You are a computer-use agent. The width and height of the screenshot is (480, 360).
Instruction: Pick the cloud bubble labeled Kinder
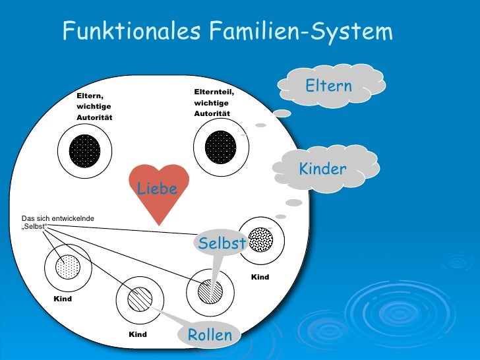coord(323,169)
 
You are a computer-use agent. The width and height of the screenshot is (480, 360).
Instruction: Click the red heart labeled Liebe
coord(158,191)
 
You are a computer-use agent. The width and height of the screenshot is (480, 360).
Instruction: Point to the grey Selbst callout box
coord(222,243)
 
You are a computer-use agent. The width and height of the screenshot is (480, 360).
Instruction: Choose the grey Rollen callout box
coord(210,335)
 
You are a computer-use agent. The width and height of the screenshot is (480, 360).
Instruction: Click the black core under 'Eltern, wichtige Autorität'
coord(84,151)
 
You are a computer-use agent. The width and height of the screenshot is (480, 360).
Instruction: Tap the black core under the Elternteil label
coord(221,148)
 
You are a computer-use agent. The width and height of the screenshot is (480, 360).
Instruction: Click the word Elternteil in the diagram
coord(214,92)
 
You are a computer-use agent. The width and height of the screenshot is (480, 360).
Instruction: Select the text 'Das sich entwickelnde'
coord(58,218)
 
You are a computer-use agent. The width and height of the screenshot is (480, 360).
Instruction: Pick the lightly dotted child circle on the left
coord(67,268)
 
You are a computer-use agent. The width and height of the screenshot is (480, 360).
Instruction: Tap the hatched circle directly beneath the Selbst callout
coord(210,291)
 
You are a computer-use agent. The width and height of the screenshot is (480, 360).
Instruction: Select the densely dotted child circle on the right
coord(261,240)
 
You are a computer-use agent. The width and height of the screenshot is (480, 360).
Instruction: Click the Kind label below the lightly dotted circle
coord(63,299)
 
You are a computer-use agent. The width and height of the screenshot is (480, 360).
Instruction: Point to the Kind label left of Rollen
coord(138,335)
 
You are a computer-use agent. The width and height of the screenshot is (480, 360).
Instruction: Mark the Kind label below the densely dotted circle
coord(260,277)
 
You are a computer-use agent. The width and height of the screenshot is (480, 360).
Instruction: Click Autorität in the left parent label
coord(95,117)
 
